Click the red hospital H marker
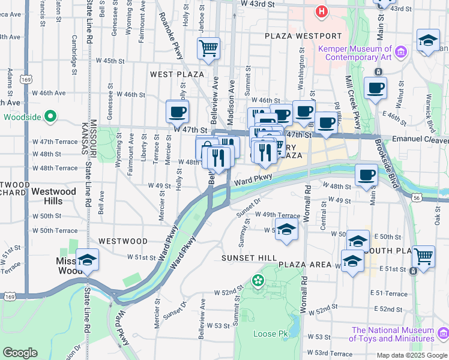click(x=322, y=11)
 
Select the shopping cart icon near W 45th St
click(x=208, y=47)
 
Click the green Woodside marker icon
click(x=50, y=116)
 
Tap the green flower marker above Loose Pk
click(x=258, y=280)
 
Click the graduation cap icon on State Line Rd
click(x=87, y=260)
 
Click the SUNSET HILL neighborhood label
click(x=249, y=258)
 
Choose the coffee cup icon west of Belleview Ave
click(x=178, y=111)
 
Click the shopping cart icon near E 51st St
click(x=424, y=256)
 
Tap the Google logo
click(x=20, y=352)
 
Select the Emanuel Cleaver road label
click(x=420, y=139)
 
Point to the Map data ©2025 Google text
click(x=411, y=355)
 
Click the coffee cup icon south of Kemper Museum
click(x=376, y=88)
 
